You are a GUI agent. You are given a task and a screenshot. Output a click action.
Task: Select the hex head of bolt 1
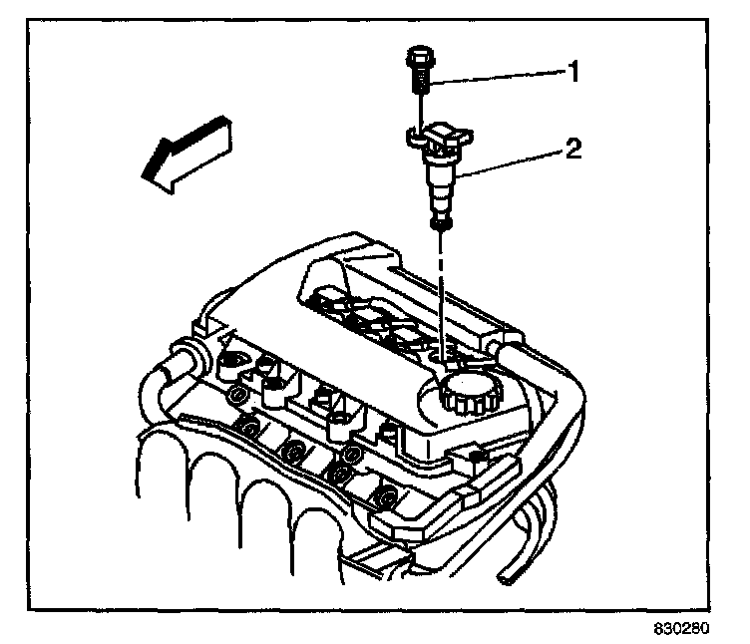coord(419,54)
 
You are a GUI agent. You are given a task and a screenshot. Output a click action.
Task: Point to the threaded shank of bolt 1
coord(420,77)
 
